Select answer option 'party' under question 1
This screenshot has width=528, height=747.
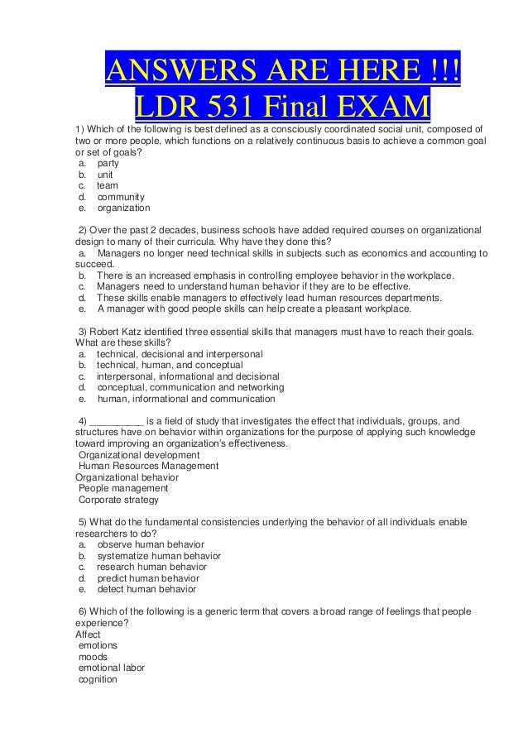pos(108,163)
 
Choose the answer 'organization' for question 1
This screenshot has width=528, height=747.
pos(123,209)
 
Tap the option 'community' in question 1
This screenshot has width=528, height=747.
pos(121,198)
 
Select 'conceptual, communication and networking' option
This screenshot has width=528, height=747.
pos(190,387)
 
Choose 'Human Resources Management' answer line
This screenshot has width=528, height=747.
pos(148,466)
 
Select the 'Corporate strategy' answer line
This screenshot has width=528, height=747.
pos(118,500)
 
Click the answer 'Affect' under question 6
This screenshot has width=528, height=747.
pos(88,634)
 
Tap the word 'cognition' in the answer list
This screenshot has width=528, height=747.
pos(98,679)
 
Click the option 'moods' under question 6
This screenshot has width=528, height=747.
pos(93,657)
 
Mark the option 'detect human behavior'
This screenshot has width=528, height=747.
pos(146,590)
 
